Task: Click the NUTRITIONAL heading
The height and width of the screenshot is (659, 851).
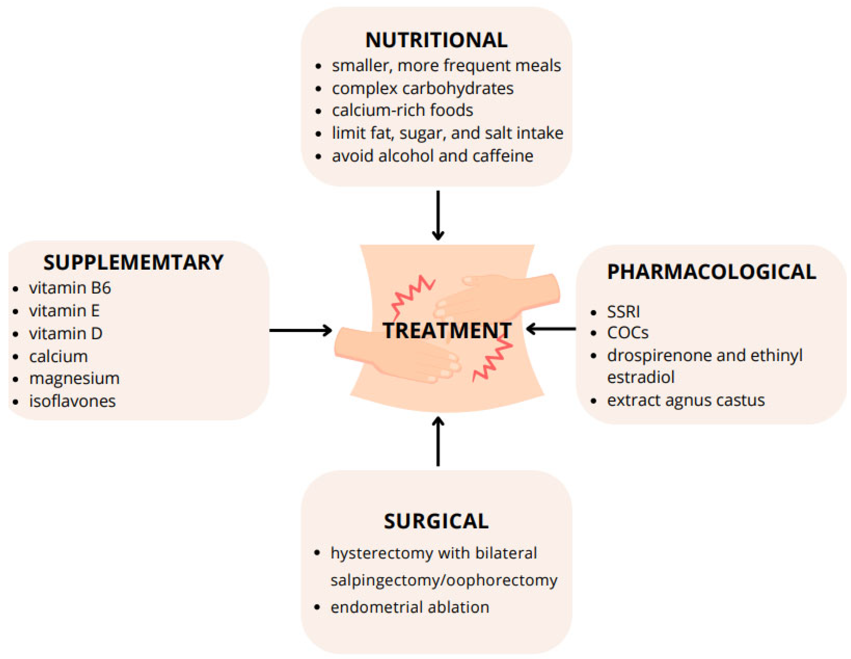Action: click(436, 40)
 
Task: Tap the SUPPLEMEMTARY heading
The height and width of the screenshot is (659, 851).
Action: click(133, 262)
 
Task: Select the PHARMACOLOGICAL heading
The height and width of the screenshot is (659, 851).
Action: click(711, 272)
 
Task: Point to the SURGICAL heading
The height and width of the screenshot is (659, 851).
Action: click(436, 521)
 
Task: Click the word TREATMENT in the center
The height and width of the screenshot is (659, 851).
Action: click(447, 331)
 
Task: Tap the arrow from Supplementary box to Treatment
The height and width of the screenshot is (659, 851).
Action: click(300, 331)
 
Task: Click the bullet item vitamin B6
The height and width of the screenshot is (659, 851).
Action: click(70, 288)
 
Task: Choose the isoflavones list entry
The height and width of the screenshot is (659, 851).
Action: click(73, 401)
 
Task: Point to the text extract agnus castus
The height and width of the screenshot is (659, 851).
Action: click(686, 401)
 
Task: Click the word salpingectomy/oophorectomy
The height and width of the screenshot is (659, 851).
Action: click(444, 580)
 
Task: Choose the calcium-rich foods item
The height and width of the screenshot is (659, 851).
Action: click(402, 110)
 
